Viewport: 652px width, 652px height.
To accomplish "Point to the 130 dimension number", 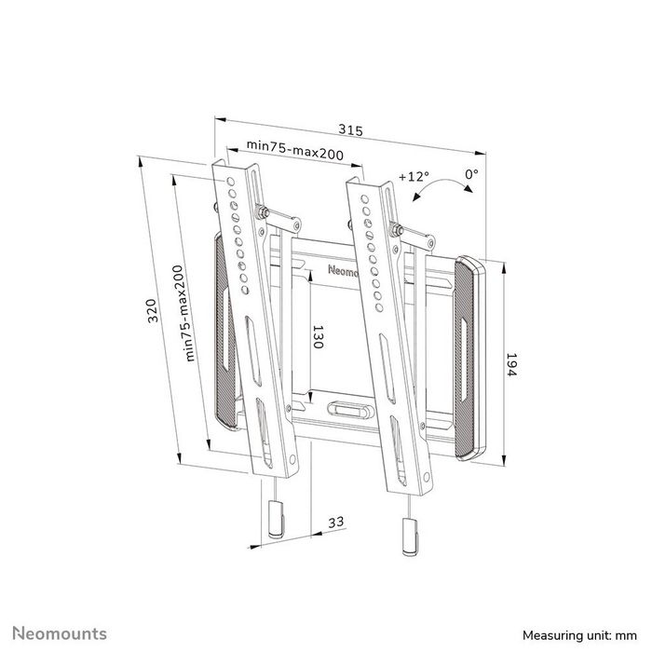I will click(317, 336).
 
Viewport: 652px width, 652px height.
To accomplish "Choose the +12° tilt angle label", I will click(413, 175).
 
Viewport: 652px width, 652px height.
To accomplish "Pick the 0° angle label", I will click(471, 174).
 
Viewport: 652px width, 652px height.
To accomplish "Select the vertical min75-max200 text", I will click(191, 310).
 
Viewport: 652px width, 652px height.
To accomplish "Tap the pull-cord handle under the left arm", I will click(276, 517).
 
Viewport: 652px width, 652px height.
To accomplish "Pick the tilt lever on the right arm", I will click(414, 234).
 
